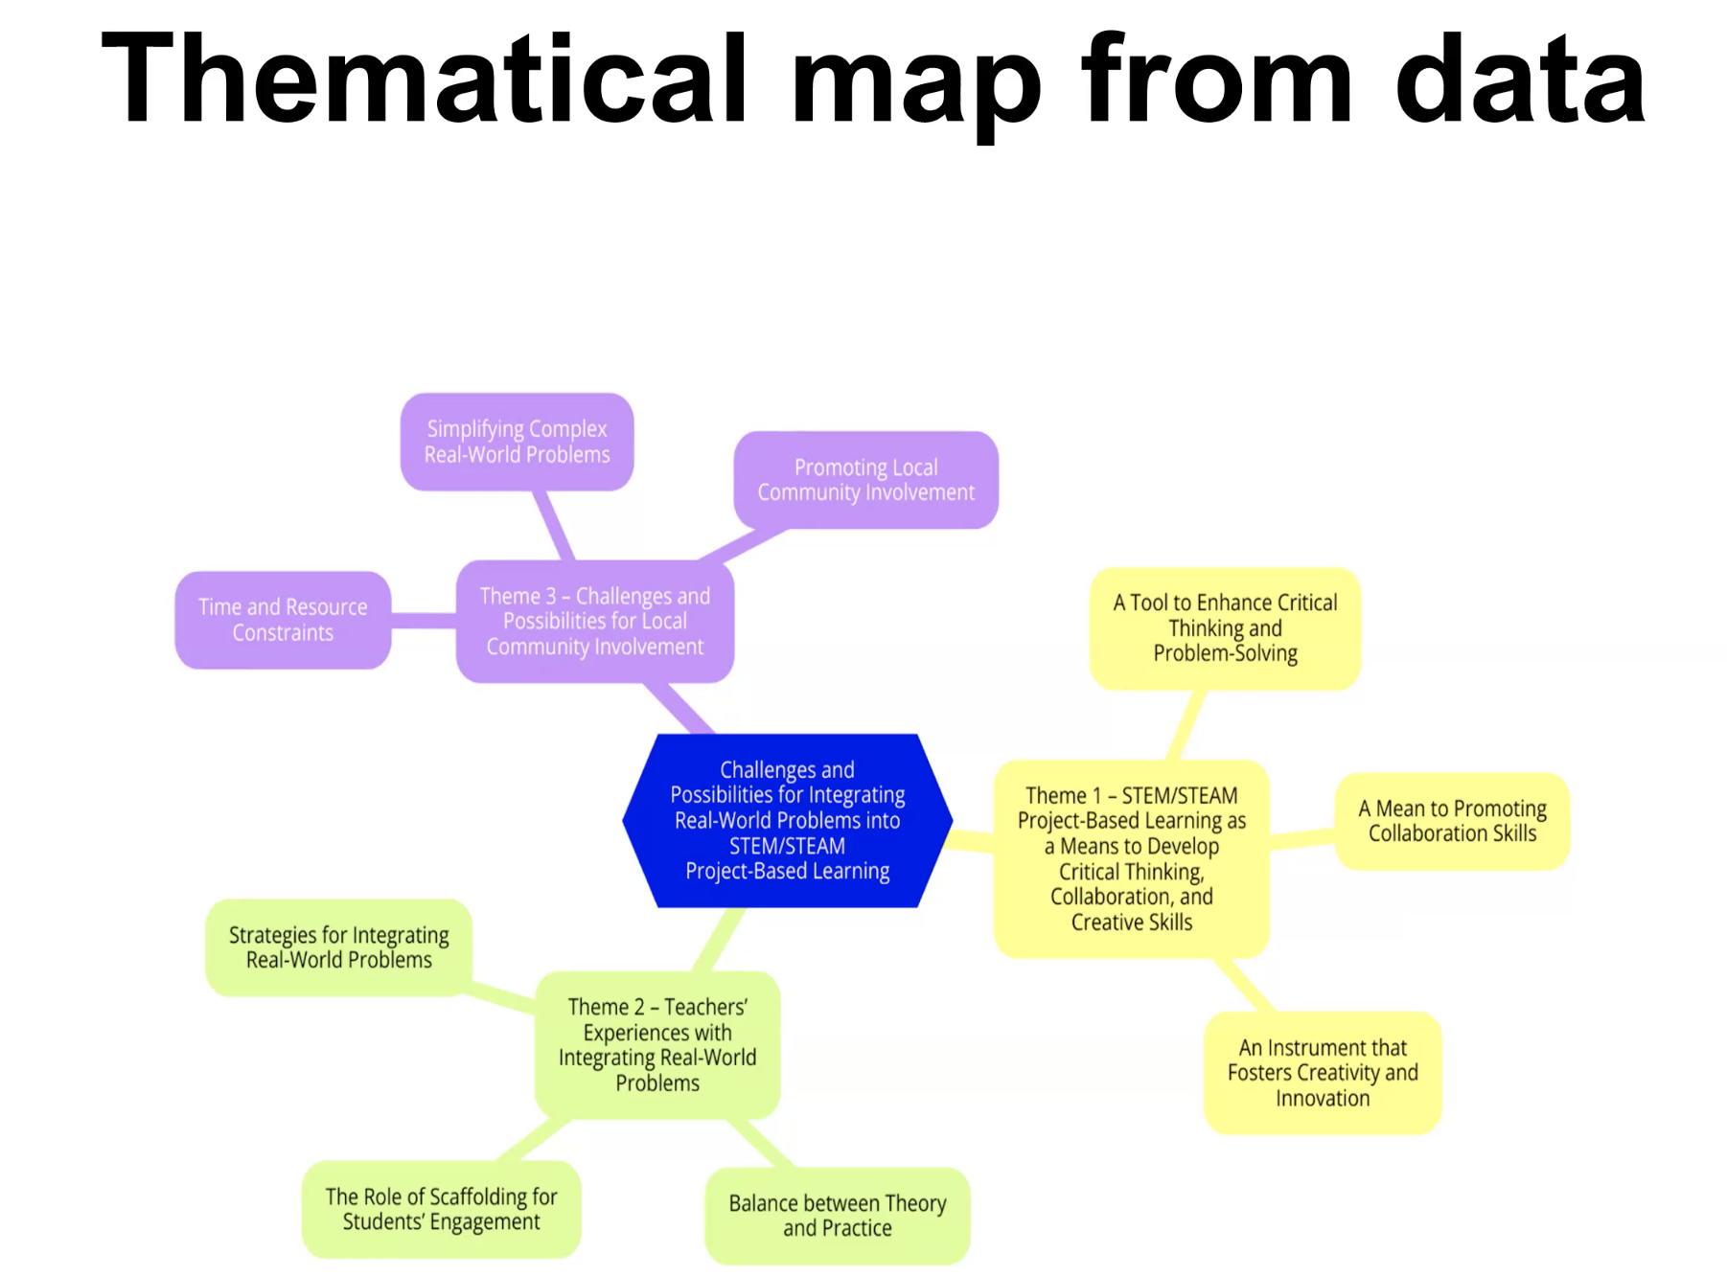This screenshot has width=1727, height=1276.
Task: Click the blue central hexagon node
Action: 787,820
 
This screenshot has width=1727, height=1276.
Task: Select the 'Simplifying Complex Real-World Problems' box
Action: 517,442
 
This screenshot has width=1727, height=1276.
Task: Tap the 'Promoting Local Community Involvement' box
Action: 865,479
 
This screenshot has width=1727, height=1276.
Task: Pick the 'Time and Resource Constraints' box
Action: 283,620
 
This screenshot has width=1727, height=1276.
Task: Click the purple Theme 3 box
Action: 594,621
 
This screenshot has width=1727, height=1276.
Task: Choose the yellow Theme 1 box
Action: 1131,858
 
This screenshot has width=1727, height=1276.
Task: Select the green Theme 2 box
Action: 657,1044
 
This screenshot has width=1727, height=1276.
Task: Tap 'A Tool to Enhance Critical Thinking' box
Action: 1225,627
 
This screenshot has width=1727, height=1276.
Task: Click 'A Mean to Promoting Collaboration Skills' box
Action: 1452,821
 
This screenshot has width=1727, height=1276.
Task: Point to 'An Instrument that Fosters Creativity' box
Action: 1323,1072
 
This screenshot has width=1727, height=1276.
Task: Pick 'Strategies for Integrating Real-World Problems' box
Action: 338,946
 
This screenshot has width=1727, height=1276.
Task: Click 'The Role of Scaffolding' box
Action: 441,1208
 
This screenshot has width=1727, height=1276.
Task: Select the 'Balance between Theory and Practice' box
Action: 837,1215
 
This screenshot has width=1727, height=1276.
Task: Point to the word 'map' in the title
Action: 915,86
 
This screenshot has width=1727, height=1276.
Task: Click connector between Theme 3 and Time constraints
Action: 423,621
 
